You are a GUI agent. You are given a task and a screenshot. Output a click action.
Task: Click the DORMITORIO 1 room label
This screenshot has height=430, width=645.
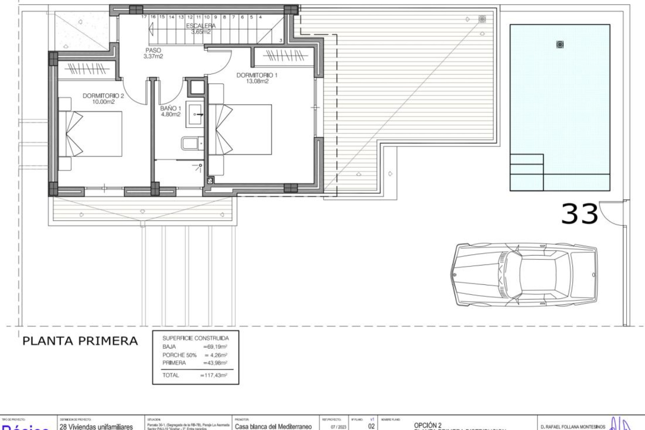point(257,75)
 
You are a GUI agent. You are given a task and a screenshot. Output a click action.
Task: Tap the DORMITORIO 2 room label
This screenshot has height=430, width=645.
point(103,96)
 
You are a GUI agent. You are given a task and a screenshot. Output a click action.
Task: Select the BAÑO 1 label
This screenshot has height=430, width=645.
point(171,109)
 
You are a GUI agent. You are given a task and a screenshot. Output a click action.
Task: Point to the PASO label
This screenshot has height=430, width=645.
point(153,50)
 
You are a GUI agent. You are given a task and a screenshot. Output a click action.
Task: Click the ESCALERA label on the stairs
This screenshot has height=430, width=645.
point(201,26)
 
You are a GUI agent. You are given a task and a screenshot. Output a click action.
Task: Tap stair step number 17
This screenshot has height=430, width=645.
point(144,17)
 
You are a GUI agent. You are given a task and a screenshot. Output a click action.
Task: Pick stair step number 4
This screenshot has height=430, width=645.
point(260,17)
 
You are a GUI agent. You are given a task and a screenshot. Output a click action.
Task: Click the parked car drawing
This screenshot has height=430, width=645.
point(524,275)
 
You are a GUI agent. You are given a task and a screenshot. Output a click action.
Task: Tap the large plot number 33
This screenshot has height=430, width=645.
point(579,214)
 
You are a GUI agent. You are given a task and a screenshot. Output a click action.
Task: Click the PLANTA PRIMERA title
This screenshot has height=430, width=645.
point(80,341)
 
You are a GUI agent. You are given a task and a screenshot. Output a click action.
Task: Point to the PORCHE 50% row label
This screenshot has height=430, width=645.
point(179,355)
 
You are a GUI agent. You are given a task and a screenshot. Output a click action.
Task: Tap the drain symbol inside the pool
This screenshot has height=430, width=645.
point(560,44)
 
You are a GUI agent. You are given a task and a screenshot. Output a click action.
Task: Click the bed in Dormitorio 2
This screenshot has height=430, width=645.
point(91,134)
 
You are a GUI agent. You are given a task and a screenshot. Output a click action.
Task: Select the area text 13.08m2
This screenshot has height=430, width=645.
point(257,81)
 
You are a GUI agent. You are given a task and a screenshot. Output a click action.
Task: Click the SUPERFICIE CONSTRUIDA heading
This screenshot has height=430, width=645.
point(196,338)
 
